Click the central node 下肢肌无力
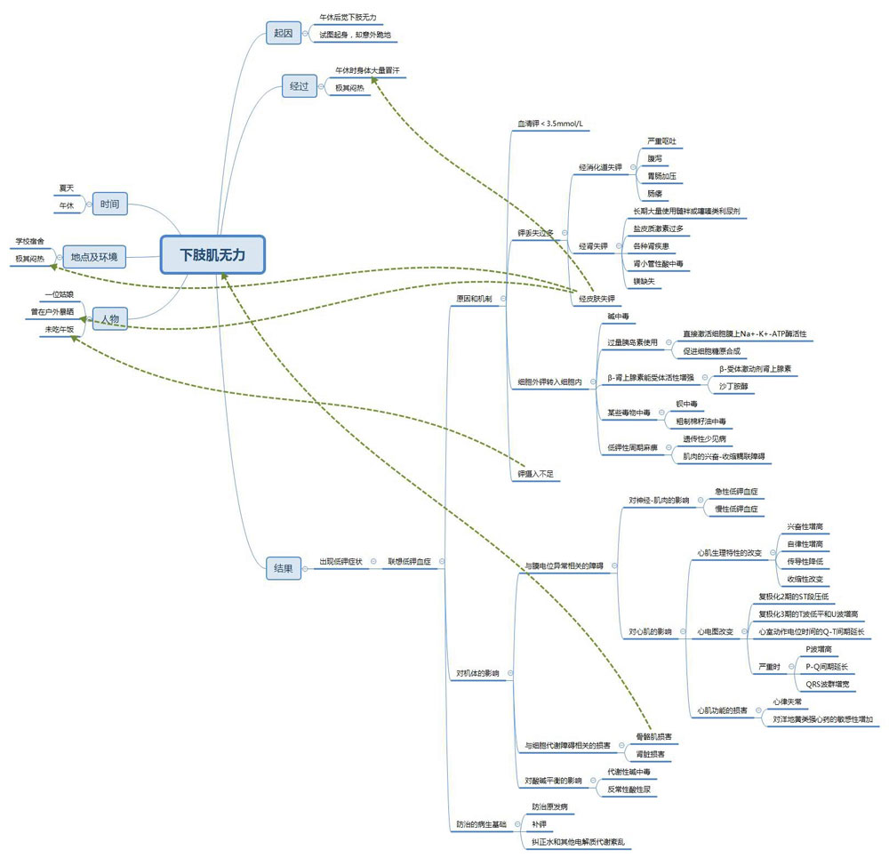[x=212, y=254]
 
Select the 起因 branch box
[x=284, y=34]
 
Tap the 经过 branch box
[x=299, y=86]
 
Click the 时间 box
[x=110, y=204]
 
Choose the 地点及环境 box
[x=93, y=257]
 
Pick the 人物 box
[x=109, y=318]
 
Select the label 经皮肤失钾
[x=597, y=299]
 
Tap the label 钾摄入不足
[x=535, y=474]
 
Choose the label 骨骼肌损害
[x=653, y=737]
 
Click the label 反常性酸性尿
[x=629, y=789]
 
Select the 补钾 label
[x=538, y=824]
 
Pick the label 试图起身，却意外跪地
[x=355, y=35]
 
